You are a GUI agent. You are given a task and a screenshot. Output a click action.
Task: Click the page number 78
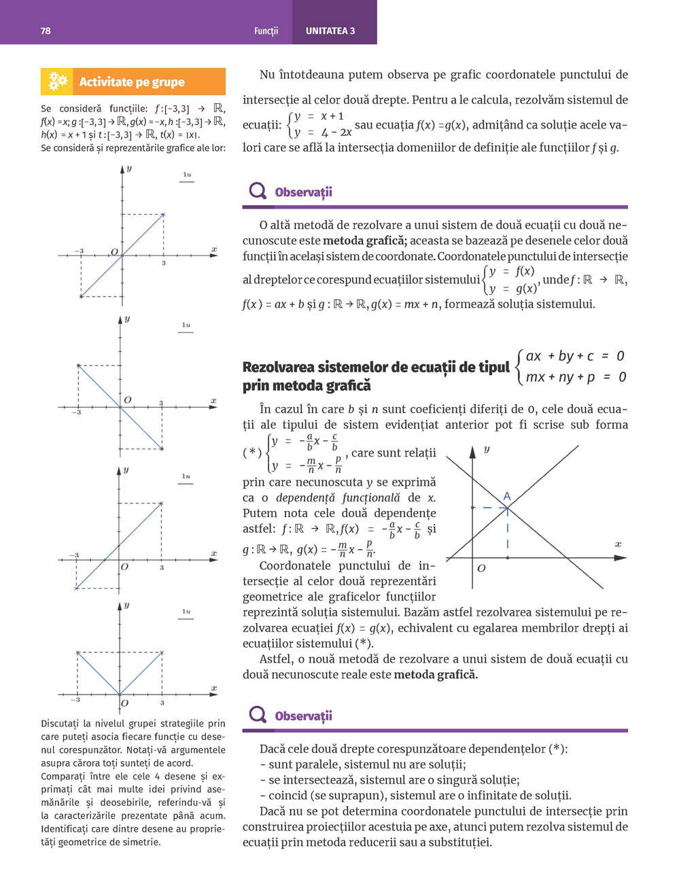(46, 31)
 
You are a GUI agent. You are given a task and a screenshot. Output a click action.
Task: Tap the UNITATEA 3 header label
(330, 31)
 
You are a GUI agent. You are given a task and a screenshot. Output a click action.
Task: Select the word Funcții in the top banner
(266, 31)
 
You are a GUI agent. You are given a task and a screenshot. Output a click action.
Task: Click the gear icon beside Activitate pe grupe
(58, 82)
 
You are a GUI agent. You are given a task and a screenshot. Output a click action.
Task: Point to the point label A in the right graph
(506, 497)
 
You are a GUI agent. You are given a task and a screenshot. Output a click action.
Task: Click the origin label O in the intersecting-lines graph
(481, 568)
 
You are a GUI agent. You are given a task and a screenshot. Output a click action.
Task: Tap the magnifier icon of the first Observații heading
(258, 191)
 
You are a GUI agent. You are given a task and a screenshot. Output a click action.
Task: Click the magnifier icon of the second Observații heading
(258, 714)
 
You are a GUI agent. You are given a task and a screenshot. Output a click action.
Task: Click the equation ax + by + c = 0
(575, 356)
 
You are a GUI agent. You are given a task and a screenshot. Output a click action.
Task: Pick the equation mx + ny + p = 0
(575, 377)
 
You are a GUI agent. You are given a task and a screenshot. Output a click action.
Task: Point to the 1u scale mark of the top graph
(187, 175)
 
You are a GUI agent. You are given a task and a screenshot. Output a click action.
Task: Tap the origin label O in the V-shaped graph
(124, 703)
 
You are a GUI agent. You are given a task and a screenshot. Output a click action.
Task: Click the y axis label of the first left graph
(128, 168)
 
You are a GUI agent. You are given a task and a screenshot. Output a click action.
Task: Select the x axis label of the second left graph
(213, 401)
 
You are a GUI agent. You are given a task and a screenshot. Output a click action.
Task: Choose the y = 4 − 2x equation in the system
(323, 133)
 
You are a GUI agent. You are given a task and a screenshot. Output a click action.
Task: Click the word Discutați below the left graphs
(63, 724)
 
